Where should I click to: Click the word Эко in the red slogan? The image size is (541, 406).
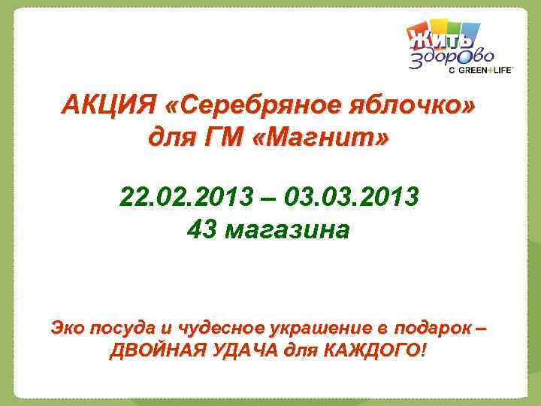[x=67, y=328]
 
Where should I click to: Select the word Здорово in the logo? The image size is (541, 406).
[x=451, y=57]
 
